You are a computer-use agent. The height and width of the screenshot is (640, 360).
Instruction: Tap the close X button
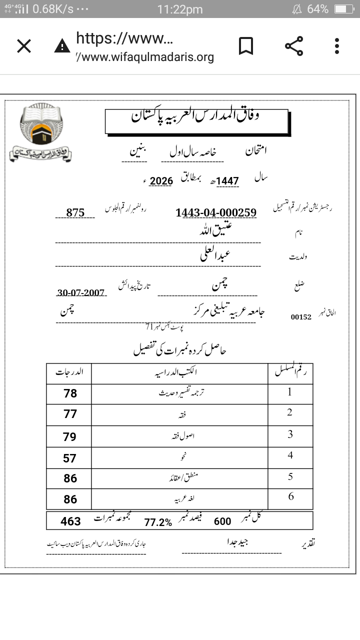tap(24, 46)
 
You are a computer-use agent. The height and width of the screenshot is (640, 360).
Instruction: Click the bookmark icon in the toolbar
tap(245, 46)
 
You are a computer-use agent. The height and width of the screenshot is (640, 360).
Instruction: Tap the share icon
tap(294, 46)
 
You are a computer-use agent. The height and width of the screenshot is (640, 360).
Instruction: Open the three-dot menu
tap(337, 46)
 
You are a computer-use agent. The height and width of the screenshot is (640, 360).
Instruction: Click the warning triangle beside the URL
tap(62, 46)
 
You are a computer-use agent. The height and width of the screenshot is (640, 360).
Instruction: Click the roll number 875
tap(75, 212)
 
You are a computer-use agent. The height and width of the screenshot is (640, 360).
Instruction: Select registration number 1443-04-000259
tap(216, 212)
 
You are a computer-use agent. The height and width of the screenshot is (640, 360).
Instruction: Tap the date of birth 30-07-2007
tap(81, 292)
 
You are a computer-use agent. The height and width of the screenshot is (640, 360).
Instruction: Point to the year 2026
tap(161, 181)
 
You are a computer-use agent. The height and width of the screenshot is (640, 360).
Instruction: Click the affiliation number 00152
tap(301, 316)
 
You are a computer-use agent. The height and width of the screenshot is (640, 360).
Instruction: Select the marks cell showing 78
tap(70, 393)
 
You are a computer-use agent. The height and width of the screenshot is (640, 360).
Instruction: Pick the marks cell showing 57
tap(70, 458)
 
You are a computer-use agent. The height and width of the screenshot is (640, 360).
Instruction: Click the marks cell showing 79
tap(70, 436)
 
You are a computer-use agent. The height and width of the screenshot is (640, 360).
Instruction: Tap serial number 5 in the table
tap(290, 476)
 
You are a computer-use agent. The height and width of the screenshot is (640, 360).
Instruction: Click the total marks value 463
tap(70, 521)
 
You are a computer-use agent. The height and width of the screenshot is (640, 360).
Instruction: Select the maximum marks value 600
tap(222, 521)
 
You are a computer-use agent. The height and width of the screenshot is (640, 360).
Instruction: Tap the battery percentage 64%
tap(317, 9)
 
